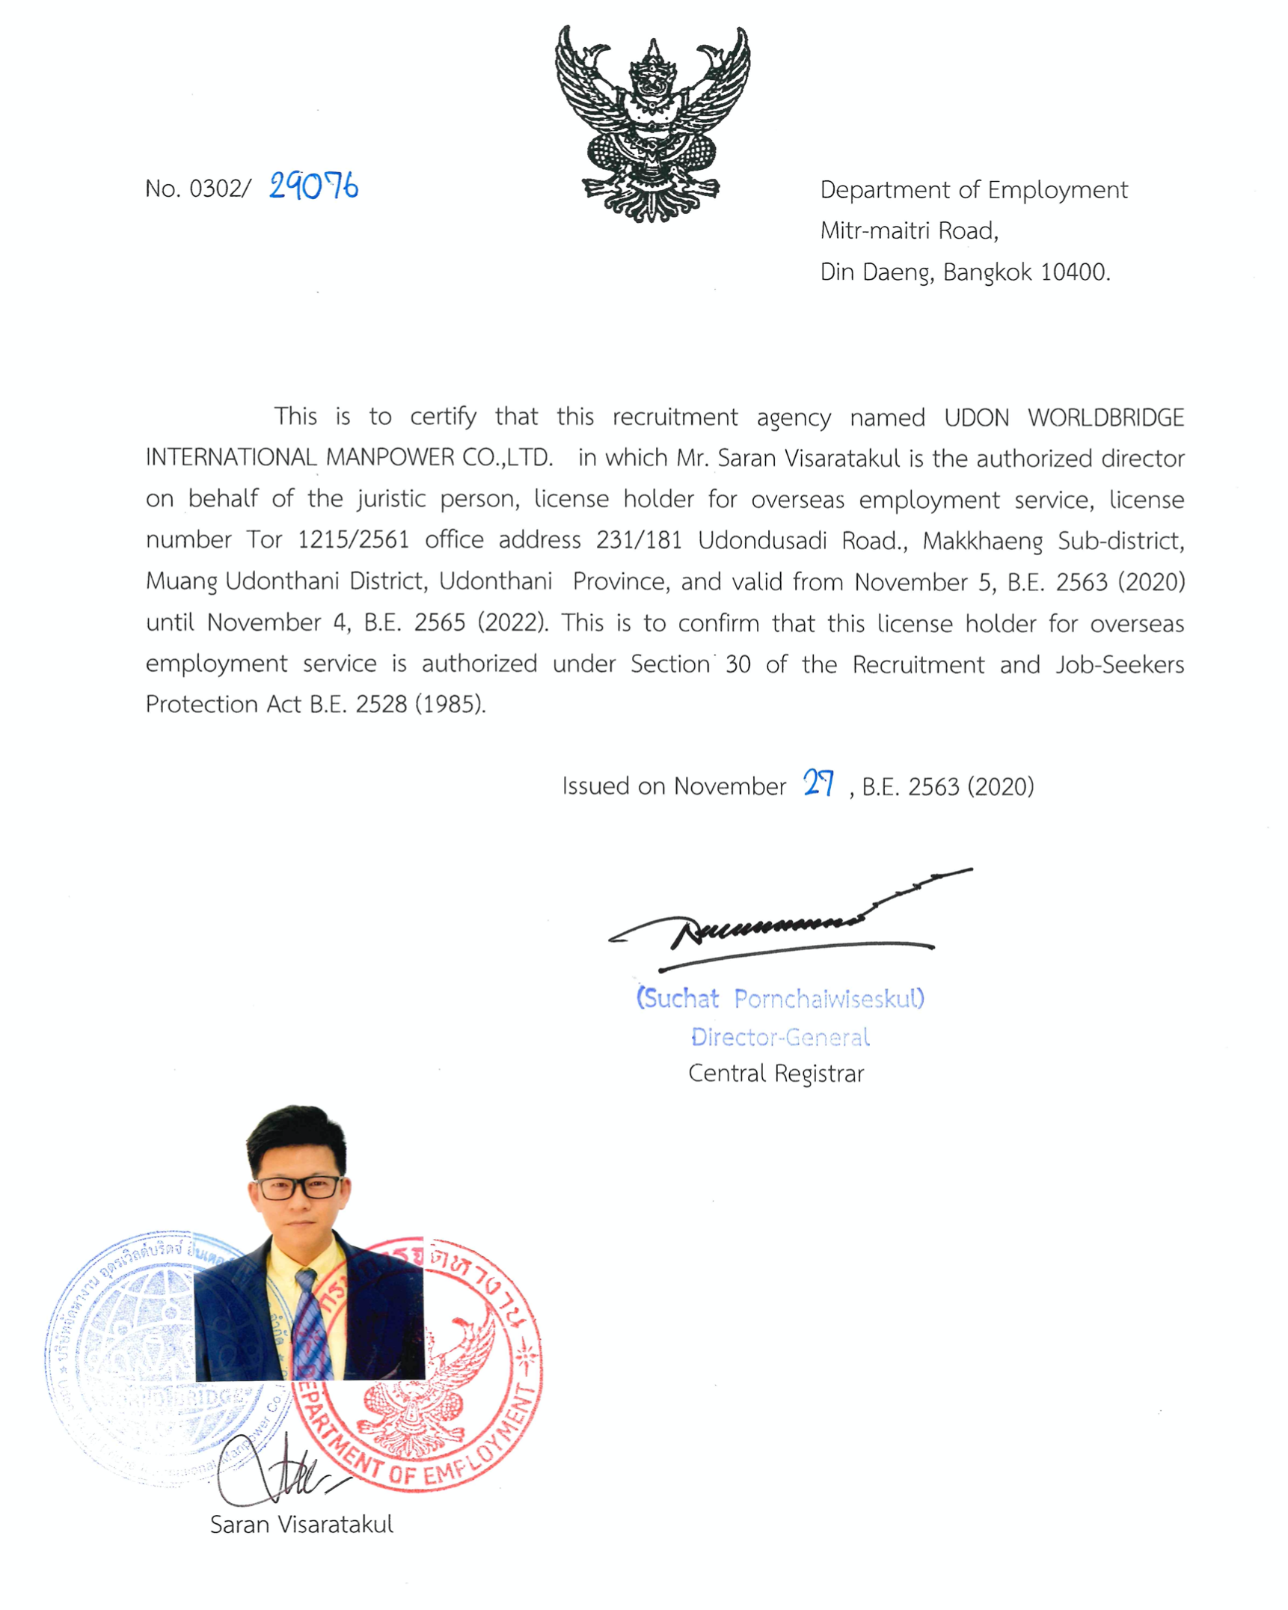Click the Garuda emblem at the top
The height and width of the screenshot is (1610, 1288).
651,123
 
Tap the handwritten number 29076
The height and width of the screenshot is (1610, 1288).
313,186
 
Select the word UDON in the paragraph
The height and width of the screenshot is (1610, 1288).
976,417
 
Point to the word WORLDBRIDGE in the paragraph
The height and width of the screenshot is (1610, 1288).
1105,417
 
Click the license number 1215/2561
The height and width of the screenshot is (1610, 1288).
353,540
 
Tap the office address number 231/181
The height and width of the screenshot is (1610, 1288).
638,540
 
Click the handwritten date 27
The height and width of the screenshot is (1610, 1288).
818,783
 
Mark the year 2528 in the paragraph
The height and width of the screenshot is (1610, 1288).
381,704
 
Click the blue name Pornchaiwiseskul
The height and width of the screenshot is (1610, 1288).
829,998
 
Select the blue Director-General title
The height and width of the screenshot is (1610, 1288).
780,1037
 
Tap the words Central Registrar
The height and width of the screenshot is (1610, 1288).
776,1074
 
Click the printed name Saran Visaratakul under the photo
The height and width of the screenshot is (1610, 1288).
301,1524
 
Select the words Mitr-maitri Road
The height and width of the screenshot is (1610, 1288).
909,230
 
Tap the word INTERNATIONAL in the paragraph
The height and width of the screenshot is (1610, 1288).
231,457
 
